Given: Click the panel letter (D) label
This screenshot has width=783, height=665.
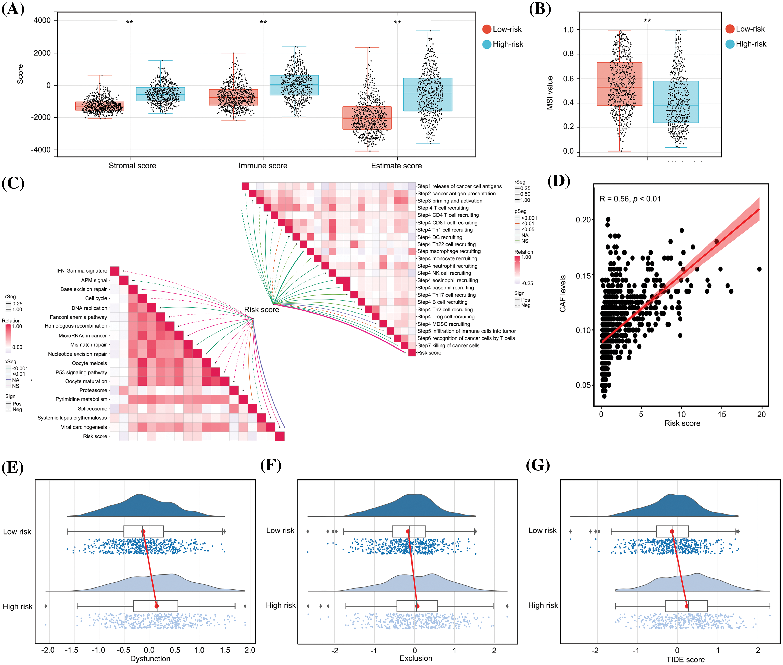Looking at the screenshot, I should coord(558,181).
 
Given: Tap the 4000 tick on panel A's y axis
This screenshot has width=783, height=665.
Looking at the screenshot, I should coord(42,20).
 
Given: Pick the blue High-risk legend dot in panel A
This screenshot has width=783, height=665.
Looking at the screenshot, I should coord(487,45).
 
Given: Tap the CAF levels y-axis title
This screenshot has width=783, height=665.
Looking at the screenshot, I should coord(563,294).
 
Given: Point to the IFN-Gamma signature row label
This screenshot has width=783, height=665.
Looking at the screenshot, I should coord(82,271).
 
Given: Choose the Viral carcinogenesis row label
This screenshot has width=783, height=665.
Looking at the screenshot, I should coord(84,427).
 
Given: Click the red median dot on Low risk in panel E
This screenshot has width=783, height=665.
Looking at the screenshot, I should coord(143,532).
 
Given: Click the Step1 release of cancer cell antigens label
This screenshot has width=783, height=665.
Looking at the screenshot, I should coord(459,186).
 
